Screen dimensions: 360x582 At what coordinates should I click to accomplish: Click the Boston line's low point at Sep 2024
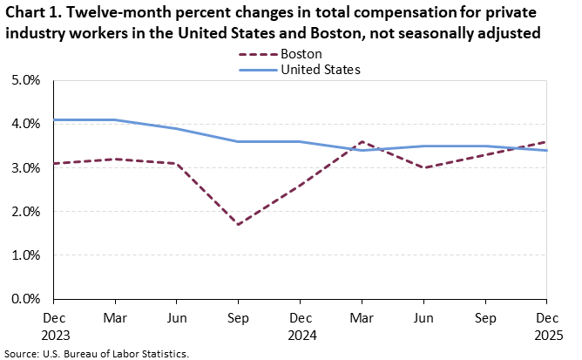(238, 224)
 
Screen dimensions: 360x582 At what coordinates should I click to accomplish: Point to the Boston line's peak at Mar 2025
(362, 141)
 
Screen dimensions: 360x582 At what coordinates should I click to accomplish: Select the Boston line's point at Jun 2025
(423, 167)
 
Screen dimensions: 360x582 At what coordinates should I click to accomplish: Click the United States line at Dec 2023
(54, 119)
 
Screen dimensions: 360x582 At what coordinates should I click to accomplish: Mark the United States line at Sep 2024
(238, 141)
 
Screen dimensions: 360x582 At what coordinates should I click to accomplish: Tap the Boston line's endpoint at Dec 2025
(546, 141)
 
